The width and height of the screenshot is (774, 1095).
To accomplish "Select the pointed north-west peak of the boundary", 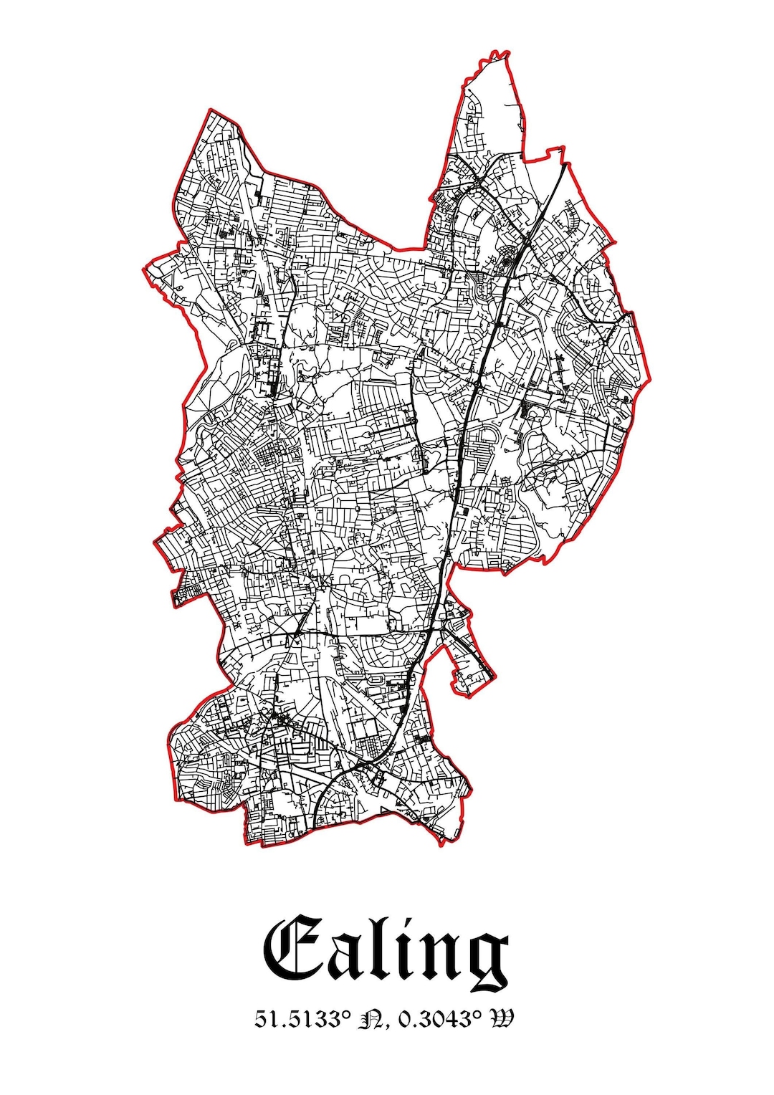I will click(207, 110).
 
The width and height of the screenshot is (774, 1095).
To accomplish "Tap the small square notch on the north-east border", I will click(555, 151).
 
